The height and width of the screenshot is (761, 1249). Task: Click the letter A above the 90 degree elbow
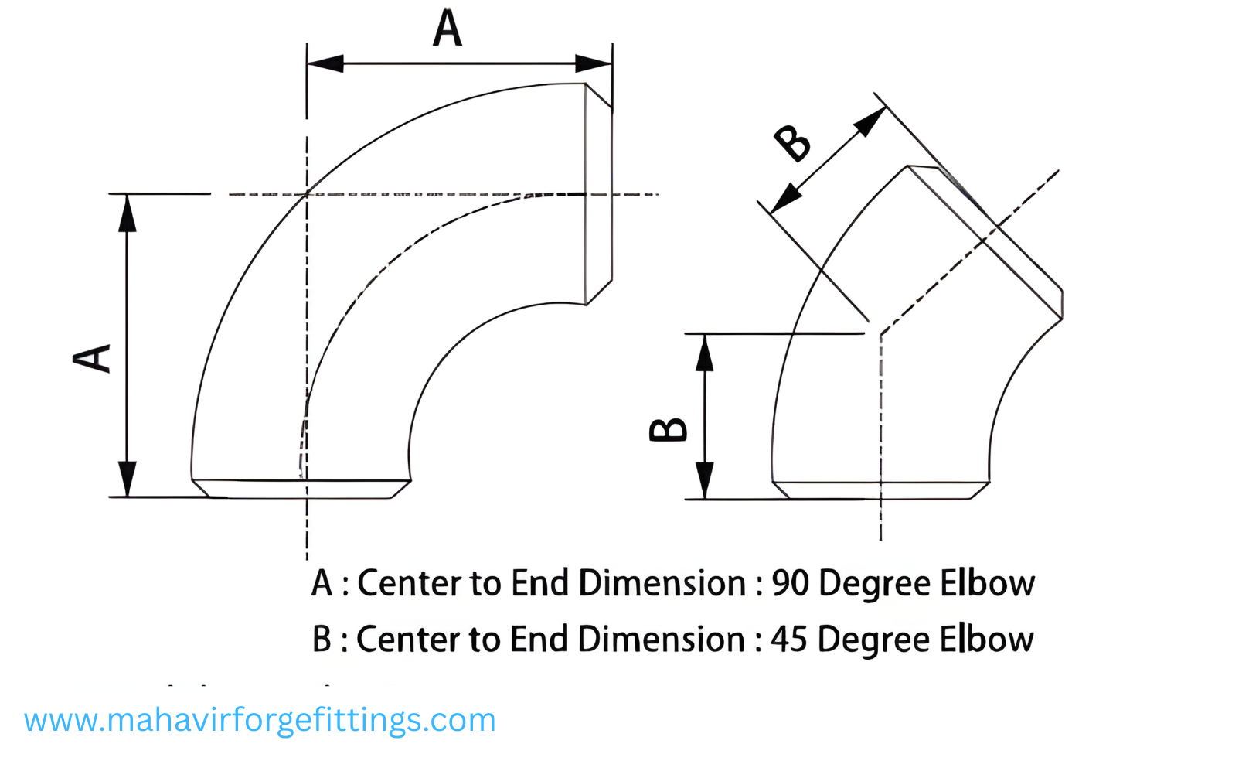coord(447,29)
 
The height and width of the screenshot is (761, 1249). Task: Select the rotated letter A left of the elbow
coord(92,358)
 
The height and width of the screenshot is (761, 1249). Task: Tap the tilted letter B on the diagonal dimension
coord(793,142)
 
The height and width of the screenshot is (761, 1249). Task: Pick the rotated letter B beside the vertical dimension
coord(668,429)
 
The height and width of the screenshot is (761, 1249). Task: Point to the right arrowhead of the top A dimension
coord(594,63)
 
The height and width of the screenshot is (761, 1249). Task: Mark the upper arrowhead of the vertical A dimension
coord(127,213)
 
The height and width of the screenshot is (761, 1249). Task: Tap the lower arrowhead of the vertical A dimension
coord(127,478)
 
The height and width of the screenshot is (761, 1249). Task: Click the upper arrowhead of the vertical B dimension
coord(704,353)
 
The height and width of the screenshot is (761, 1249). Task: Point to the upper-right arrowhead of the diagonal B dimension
coord(871,121)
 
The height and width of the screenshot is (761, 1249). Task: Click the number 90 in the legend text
coord(790,583)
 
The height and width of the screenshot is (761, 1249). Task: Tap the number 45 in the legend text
coord(789,640)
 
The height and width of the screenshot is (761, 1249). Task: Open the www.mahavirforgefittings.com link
coord(260,721)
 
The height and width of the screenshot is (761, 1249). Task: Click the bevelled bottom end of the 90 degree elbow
coord(301,489)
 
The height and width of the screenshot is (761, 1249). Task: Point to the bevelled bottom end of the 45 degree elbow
coord(880,490)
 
